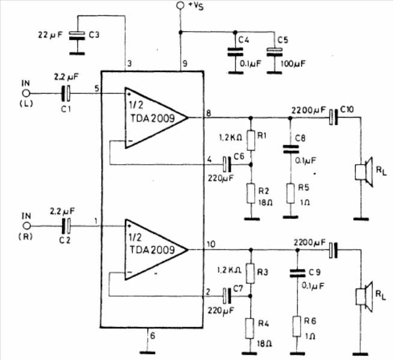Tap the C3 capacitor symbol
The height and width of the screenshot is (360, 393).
(76, 36)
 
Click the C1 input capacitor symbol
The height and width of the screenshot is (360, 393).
(67, 93)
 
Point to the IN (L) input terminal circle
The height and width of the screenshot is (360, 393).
(26, 93)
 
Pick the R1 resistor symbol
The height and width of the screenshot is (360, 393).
(251, 138)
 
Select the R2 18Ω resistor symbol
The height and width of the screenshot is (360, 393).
(251, 194)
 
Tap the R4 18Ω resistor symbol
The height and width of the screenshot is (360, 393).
(251, 328)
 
